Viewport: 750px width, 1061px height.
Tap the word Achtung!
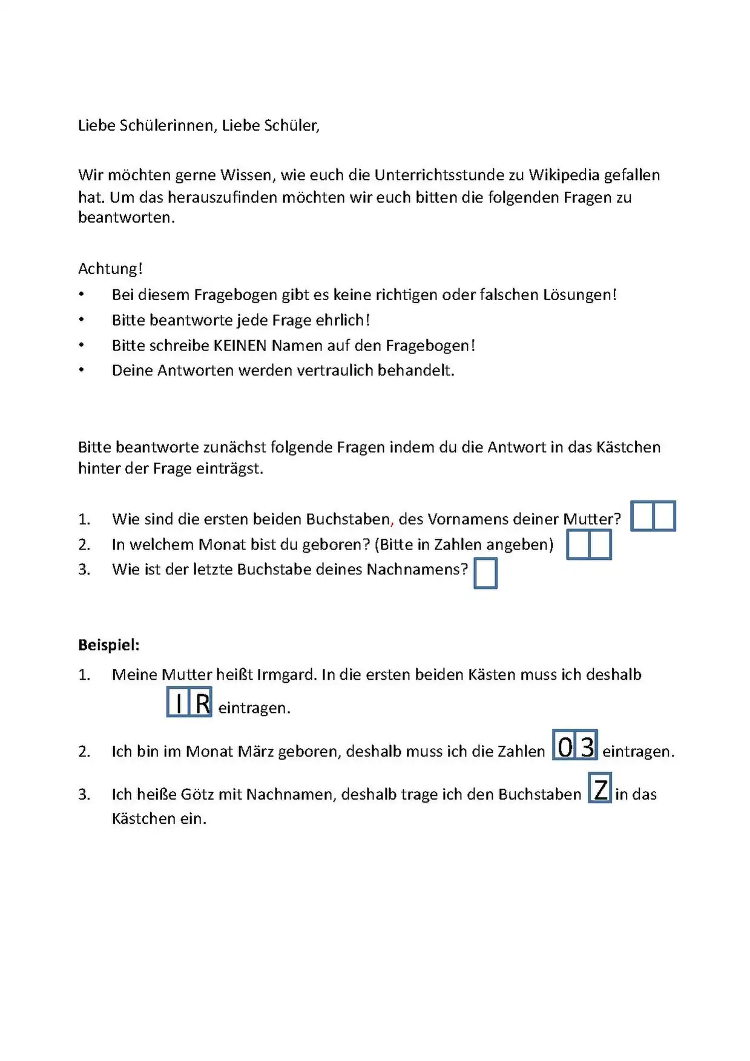tap(110, 269)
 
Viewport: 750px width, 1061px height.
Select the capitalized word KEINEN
tap(240, 346)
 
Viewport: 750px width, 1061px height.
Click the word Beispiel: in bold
tap(109, 645)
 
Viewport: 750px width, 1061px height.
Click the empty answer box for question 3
tap(485, 573)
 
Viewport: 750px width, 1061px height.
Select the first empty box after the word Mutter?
tap(642, 516)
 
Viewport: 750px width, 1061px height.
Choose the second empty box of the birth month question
tap(600, 544)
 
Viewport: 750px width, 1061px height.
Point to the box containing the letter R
tap(202, 703)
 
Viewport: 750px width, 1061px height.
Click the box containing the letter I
tap(179, 703)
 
